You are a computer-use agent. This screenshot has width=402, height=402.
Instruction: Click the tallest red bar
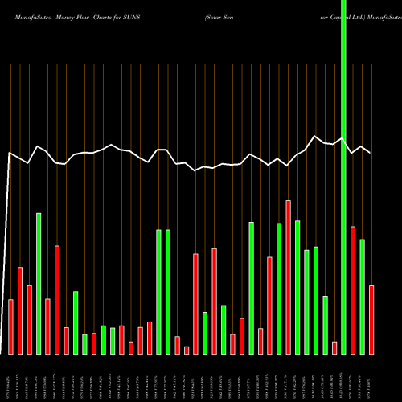pyautogui.click(x=288, y=277)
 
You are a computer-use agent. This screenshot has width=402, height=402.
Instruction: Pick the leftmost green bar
pyautogui.click(x=39, y=283)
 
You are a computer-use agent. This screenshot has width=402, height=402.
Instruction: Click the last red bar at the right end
pyautogui.click(x=371, y=319)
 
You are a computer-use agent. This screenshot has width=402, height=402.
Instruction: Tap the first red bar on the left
pyautogui.click(x=11, y=326)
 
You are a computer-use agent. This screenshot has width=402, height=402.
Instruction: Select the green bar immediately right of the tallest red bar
pyautogui.click(x=297, y=287)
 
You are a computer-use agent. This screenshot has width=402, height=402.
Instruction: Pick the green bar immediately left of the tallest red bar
pyautogui.click(x=279, y=288)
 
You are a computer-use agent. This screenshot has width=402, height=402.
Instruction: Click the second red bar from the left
pyautogui.click(x=20, y=310)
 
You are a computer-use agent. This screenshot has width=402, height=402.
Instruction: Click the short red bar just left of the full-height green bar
pyautogui.click(x=334, y=347)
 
